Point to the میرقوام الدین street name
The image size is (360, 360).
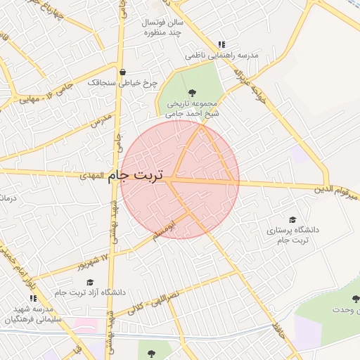coord(327,188)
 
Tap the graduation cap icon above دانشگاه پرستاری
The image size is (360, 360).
coord(292,220)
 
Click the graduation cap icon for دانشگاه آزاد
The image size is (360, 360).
coord(90,282)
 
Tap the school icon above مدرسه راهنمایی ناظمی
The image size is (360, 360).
coord(222,44)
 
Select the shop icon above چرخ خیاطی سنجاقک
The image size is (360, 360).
coord(124,72)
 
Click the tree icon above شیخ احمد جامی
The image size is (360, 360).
coord(192,93)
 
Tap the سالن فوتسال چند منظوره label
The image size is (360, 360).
coord(163,27)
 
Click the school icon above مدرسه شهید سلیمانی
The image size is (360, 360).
coord(33,299)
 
